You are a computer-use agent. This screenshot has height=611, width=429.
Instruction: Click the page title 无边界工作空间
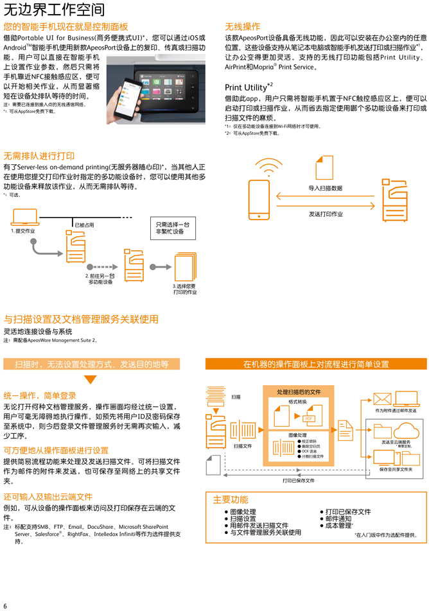(55, 10)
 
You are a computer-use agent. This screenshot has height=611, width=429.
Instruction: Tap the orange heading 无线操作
(242, 27)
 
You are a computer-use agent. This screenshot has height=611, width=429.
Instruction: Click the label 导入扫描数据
(325, 188)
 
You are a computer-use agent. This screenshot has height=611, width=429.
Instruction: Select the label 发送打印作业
(325, 214)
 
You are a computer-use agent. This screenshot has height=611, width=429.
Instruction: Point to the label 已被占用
(84, 225)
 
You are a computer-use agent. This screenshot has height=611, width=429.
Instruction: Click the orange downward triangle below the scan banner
(91, 379)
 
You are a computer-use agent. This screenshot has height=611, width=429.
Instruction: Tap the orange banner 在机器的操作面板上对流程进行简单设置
(316, 364)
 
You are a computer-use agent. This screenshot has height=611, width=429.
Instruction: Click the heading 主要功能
(231, 499)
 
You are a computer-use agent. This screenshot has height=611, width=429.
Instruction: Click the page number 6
(5, 605)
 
